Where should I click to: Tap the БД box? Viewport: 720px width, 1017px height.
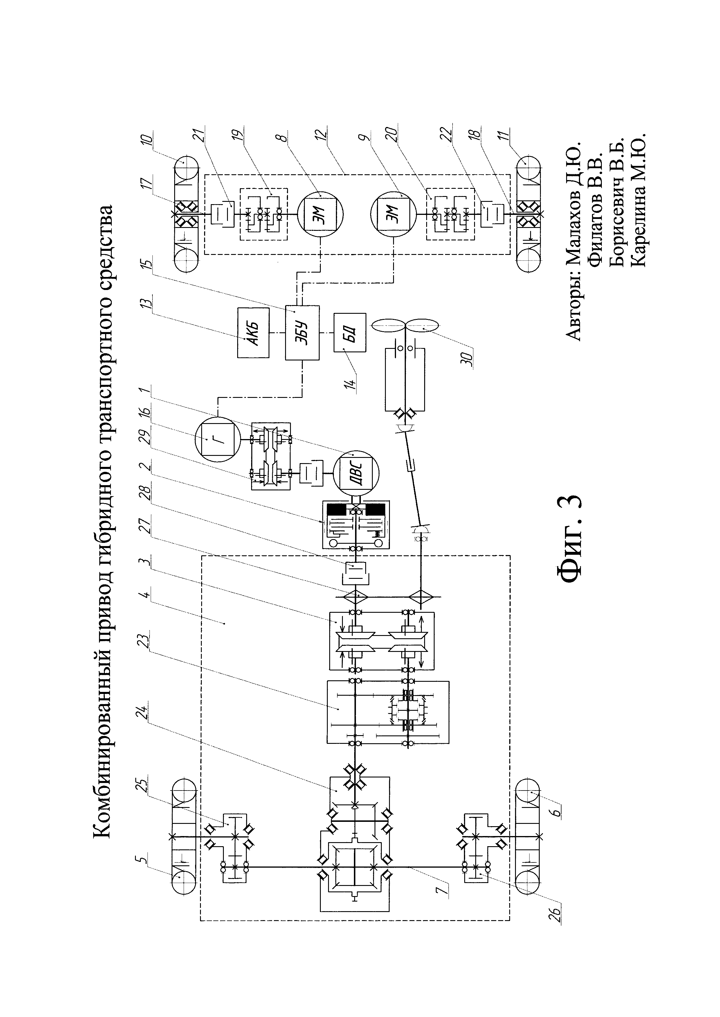tap(350, 332)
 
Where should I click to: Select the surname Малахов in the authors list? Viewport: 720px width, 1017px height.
tap(574, 246)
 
